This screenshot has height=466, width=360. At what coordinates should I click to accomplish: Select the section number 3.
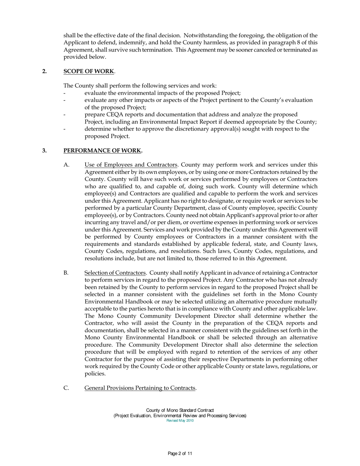point(44,150)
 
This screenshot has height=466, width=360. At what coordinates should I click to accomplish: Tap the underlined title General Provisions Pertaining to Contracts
point(140,388)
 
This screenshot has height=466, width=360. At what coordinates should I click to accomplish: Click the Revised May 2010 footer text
point(180,421)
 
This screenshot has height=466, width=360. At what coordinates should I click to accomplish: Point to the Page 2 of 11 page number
point(180,453)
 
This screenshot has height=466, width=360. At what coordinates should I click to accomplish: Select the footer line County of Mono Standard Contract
point(180,410)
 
